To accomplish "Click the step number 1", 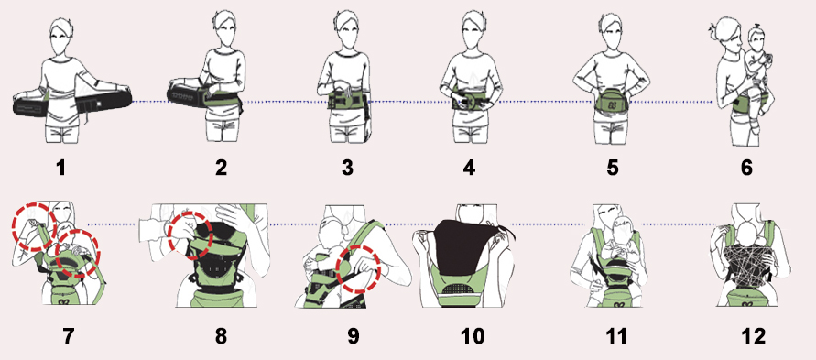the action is click(61, 168).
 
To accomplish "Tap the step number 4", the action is click(470, 168).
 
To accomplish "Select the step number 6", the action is click(746, 168).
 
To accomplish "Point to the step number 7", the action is click(68, 336).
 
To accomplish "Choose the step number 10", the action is click(473, 336).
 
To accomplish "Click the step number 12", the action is click(753, 336).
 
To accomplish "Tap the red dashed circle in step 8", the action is click(190, 235).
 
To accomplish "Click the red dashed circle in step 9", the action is click(359, 268).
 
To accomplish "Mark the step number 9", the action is click(353, 336).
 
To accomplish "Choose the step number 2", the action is click(221, 168).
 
